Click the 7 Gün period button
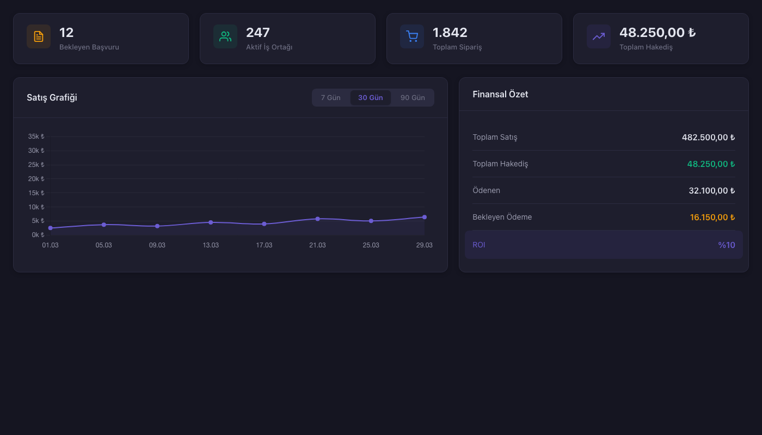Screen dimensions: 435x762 (x=330, y=98)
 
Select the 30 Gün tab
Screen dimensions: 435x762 (x=370, y=98)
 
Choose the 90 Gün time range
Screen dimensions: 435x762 (x=413, y=98)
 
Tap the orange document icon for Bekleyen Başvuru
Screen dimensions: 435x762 (x=39, y=36)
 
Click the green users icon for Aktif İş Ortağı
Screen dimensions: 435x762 (x=225, y=36)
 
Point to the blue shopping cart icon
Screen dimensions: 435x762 (x=412, y=36)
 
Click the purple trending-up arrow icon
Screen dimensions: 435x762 (x=599, y=36)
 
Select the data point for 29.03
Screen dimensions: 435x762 (x=425, y=217)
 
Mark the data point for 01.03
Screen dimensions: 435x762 (x=51, y=228)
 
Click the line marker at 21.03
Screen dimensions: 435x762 (x=318, y=219)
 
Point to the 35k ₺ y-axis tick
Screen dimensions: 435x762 (x=36, y=136)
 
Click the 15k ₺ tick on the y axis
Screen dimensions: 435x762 (x=36, y=193)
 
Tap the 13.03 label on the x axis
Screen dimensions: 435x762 (x=211, y=245)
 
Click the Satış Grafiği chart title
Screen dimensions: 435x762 (x=52, y=98)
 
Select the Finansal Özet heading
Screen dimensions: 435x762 (x=500, y=94)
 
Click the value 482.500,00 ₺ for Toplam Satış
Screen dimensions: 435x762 (x=708, y=138)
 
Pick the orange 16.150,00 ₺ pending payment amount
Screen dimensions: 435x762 (x=712, y=217)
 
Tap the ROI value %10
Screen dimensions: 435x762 (x=726, y=245)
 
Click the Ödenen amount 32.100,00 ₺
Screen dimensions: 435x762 (x=711, y=191)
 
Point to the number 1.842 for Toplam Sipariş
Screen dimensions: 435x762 (x=450, y=33)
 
